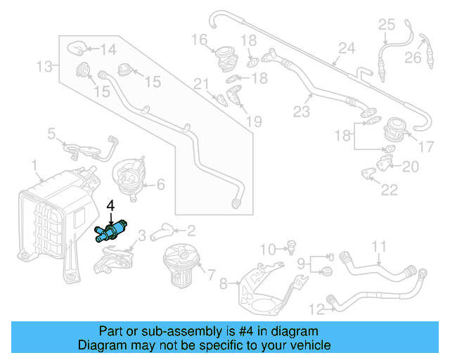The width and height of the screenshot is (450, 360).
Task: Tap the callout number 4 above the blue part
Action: (110, 206)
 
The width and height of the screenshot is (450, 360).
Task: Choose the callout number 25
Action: (387, 25)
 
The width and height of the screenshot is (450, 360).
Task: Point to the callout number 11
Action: (379, 246)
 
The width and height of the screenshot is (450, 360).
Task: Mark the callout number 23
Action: (302, 110)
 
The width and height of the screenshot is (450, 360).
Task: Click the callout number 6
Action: (160, 185)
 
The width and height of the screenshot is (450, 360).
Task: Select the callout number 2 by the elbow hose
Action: (191, 229)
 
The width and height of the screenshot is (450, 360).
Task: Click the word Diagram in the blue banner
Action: (102, 345)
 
